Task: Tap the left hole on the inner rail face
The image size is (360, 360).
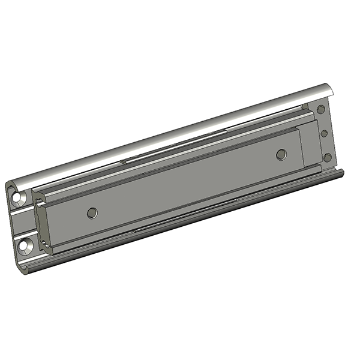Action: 91,212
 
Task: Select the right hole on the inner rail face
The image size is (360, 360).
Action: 281,154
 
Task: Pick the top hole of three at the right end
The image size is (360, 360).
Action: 321,109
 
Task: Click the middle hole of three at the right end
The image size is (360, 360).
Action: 325,133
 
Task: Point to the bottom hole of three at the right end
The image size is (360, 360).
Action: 328,157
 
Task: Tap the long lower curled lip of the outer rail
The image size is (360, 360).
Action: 180,222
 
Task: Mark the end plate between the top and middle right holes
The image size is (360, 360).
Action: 323,121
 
